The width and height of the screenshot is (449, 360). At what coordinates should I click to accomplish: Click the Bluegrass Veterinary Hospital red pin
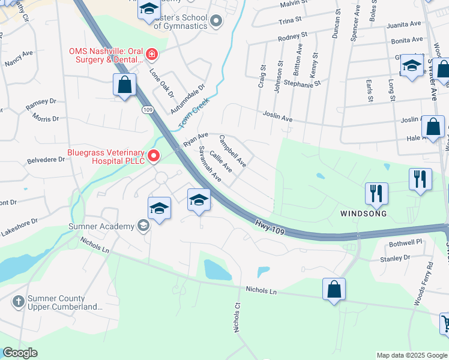[x=153, y=156]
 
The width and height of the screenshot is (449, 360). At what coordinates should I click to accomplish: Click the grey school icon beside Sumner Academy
[x=143, y=226]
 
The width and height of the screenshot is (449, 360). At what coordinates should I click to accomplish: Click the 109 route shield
[x=147, y=110]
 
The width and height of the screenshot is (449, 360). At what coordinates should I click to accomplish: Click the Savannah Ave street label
[x=210, y=164]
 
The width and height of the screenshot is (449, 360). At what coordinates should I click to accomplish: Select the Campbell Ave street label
[x=232, y=151]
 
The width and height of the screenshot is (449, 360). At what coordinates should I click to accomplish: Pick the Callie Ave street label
[x=221, y=162]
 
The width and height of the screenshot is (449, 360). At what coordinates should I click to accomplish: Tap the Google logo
[x=20, y=353]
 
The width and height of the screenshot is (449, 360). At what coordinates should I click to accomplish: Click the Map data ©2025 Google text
[x=411, y=355]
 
